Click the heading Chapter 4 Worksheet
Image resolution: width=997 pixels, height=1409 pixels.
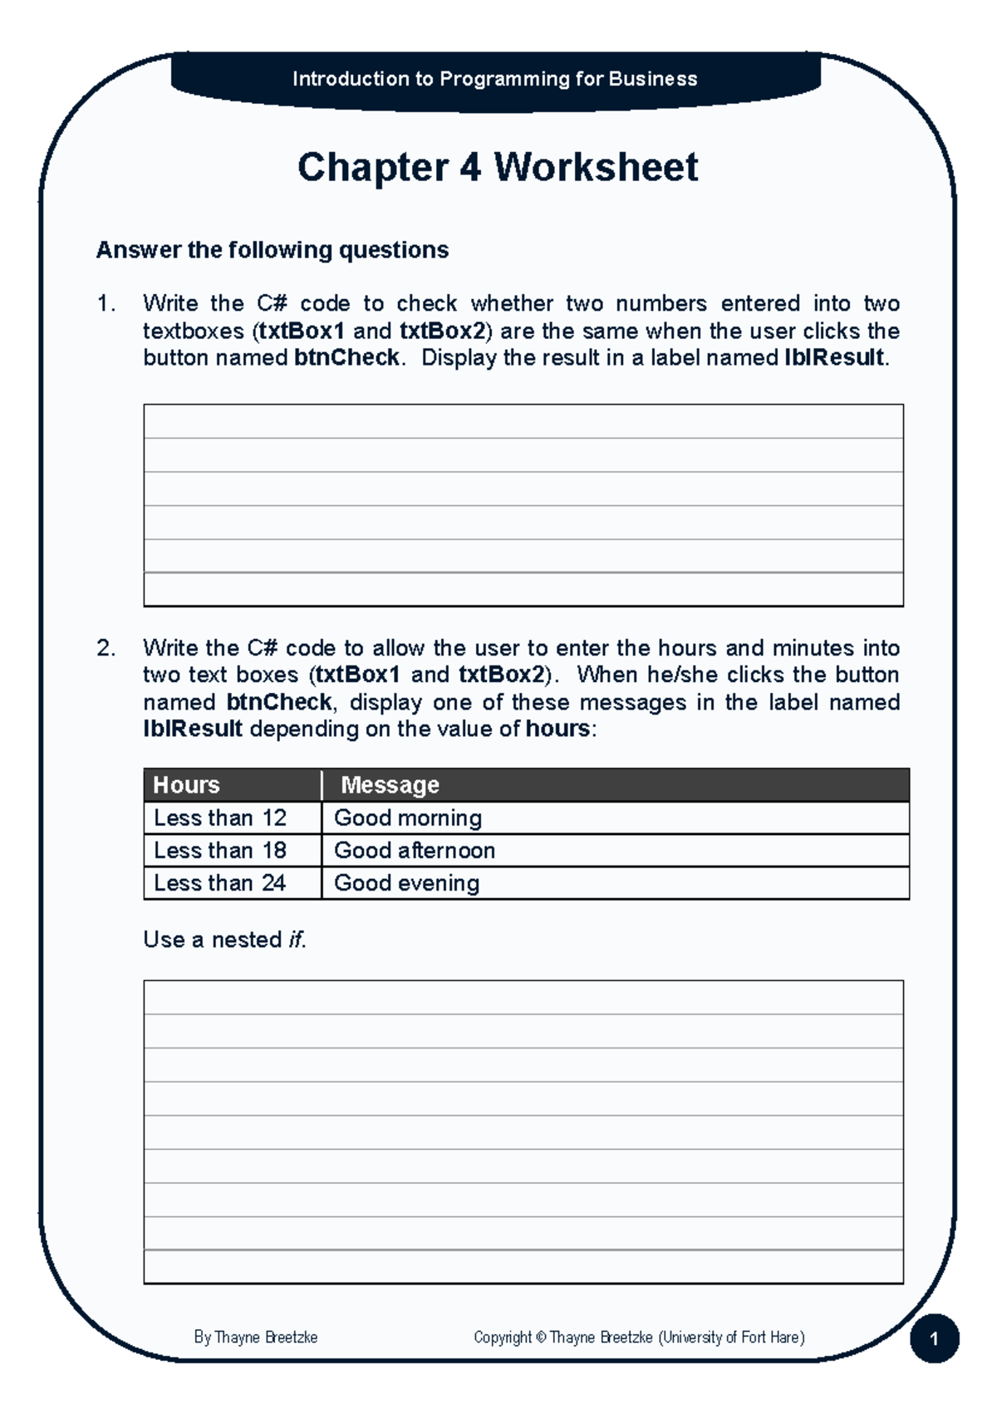pos(497,167)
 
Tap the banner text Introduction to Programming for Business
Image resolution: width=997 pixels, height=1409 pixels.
pos(494,79)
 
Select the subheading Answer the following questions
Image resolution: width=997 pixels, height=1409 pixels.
pos(272,250)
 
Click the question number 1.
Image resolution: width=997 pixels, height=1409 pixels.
pos(105,303)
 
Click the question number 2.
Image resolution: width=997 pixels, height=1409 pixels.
pos(105,648)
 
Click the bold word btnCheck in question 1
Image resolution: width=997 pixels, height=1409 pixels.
pos(346,358)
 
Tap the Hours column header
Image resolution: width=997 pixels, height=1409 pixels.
pos(186,785)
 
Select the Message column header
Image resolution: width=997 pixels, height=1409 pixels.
pos(390,785)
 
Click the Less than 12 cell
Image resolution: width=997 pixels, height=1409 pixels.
pos(220,818)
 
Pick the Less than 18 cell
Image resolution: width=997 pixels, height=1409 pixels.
pos(220,851)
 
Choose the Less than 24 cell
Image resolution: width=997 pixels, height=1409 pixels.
pos(220,883)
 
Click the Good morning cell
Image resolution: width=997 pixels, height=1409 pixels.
pos(407,818)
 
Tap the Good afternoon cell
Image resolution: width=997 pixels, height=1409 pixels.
pos(414,851)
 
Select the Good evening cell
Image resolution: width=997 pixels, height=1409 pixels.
pos(406,883)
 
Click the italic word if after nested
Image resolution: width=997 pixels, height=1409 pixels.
pos(295,940)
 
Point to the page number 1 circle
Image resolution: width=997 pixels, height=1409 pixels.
pos(934,1338)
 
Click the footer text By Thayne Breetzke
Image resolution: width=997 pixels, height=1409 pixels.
pos(255,1338)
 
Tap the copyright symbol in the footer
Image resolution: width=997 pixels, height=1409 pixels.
pos(541,1338)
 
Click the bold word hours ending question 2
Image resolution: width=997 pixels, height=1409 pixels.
pos(557,729)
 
